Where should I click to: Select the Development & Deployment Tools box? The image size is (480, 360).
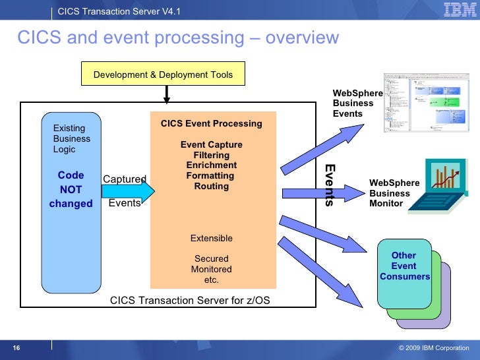coord(163,75)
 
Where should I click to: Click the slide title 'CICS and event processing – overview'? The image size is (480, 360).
coord(177,38)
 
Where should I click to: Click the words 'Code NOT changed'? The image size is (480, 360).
coord(71,189)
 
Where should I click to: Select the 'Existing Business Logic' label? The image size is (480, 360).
coord(71,138)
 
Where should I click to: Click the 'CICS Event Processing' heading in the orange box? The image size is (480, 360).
coord(211,123)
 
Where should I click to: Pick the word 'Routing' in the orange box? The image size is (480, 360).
coord(211,186)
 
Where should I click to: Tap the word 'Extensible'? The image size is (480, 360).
coord(211,238)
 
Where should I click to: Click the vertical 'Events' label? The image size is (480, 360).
coord(330,185)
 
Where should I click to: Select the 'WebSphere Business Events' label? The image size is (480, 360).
coord(357,104)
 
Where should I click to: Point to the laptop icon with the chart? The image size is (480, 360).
coord(442,188)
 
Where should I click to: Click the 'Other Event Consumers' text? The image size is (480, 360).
coord(404,266)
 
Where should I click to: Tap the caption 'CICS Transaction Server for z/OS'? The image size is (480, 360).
coord(190,301)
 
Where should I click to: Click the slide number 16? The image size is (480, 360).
coord(16,348)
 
